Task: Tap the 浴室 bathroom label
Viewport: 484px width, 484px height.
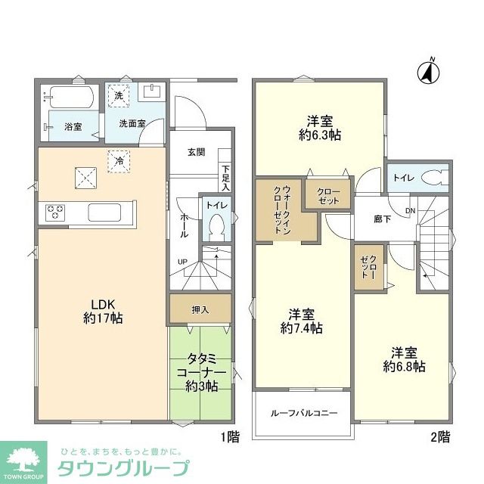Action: coord(73,126)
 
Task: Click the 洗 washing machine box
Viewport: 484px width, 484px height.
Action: coord(118,95)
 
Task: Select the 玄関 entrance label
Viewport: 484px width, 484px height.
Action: coord(197,151)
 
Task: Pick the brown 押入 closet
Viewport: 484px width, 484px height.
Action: coord(200,309)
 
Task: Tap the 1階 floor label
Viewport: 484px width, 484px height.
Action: coord(230,436)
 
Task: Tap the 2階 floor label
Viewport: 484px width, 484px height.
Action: coord(440,436)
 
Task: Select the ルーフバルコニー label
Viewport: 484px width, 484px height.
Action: coord(304,414)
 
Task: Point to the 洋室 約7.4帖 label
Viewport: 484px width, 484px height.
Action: coord(301,321)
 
